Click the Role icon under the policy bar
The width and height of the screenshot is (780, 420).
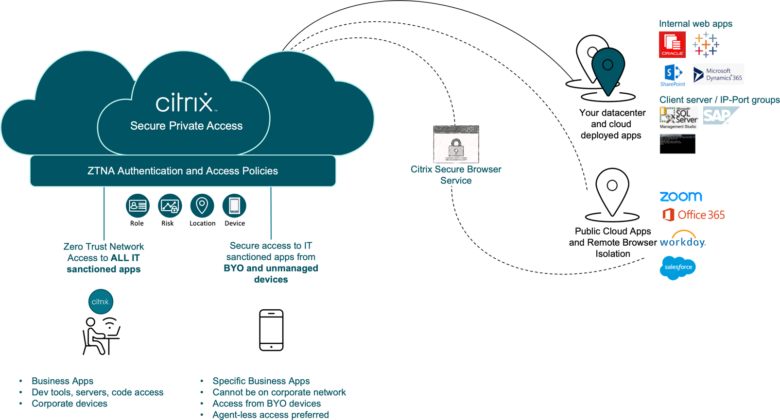(138, 206)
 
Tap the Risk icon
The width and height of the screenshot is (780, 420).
(170, 206)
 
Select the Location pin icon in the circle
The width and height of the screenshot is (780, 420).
(202, 206)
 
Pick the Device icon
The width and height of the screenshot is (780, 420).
(234, 206)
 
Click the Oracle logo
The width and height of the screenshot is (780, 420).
(672, 45)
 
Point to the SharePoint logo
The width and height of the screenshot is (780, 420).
(673, 75)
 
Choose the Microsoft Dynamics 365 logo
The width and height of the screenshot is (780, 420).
(718, 74)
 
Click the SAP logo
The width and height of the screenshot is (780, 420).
(720, 116)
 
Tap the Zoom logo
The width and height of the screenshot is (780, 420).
(681, 196)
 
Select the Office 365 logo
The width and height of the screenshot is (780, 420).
(693, 215)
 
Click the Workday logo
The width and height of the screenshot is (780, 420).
(682, 240)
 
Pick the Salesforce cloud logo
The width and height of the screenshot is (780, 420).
(677, 267)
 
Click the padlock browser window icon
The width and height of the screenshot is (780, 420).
(456, 144)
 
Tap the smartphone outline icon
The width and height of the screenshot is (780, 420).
(271, 330)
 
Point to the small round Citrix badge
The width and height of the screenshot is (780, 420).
(101, 302)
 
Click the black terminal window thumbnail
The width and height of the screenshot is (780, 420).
(677, 144)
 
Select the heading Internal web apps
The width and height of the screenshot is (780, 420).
(695, 24)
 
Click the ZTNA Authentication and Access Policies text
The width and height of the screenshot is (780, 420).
(183, 171)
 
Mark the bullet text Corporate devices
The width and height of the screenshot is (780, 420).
(69, 403)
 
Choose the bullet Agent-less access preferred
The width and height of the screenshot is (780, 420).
(271, 415)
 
